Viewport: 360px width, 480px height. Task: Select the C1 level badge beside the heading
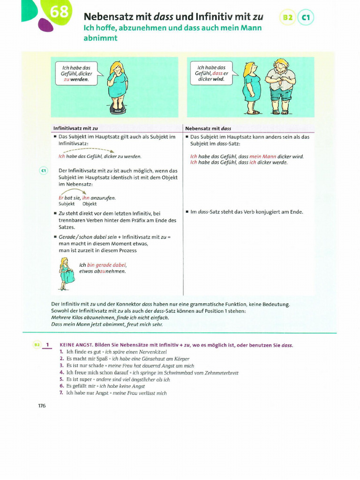(x=306, y=18)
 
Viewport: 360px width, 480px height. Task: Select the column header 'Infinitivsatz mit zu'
(x=75, y=128)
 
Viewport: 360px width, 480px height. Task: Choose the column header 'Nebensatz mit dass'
(x=208, y=128)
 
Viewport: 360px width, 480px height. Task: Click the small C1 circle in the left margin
(x=43, y=171)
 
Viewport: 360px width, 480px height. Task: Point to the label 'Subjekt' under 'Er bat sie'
(x=67, y=204)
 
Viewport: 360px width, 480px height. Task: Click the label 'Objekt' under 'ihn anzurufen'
(x=90, y=204)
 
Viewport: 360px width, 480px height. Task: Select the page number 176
(x=42, y=405)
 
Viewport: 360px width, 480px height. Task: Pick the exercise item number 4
(x=61, y=372)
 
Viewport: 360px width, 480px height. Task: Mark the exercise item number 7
(x=61, y=393)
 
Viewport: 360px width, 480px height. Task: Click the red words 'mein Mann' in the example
(x=262, y=157)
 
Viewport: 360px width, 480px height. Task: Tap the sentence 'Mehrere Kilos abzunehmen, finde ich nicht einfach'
(x=110, y=317)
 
